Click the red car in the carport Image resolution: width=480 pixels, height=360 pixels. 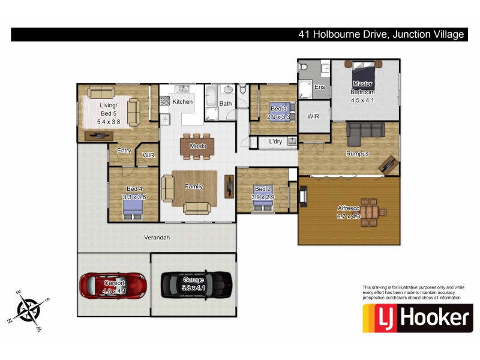tap(113, 285)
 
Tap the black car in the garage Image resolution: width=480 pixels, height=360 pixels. tap(196, 284)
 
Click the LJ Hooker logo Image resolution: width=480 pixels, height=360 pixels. tap(417, 317)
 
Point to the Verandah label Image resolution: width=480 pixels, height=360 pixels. tap(157, 238)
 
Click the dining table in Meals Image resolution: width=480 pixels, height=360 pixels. tap(197, 146)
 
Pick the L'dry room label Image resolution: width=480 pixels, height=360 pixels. tap(275, 142)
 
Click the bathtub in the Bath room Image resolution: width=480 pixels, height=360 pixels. tap(211, 98)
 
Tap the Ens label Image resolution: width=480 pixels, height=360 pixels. tap(320, 88)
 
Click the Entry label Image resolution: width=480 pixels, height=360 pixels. tap(124, 151)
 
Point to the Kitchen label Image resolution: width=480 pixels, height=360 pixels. tap(182, 102)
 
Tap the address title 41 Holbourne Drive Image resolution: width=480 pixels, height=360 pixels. tap(381, 35)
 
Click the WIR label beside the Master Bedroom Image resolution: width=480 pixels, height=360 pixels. tap(313, 116)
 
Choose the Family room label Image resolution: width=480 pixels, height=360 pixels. tap(194, 187)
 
